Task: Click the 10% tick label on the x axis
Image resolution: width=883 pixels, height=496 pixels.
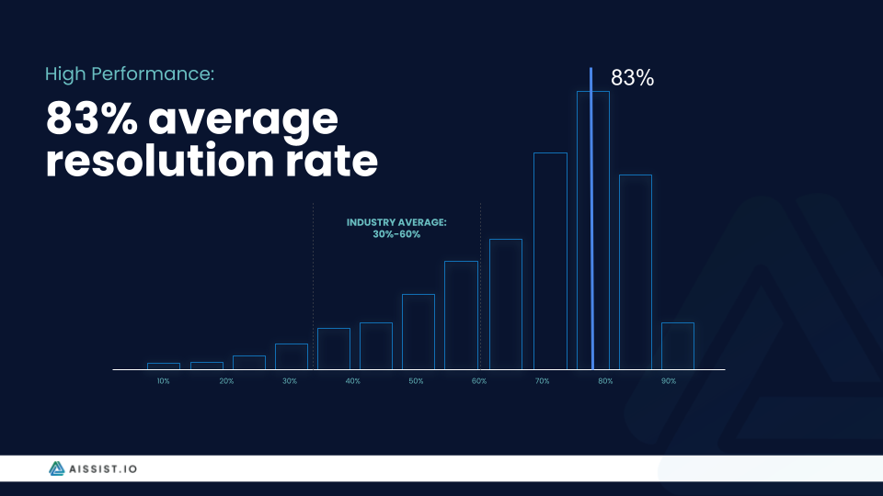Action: tap(163, 380)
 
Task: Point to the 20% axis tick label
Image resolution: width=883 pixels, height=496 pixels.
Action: tap(226, 380)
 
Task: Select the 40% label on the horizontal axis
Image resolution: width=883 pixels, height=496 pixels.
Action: tap(352, 380)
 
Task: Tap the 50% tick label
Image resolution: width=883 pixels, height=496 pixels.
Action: tap(416, 380)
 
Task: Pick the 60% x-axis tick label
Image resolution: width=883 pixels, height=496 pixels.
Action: tap(478, 380)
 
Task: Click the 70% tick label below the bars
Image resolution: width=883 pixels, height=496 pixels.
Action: tap(542, 380)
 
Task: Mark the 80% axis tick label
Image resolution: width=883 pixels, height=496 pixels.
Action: tap(605, 380)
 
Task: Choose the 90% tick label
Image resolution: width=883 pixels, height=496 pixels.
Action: tap(669, 380)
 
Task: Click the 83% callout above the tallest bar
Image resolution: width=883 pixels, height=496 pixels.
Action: tap(632, 79)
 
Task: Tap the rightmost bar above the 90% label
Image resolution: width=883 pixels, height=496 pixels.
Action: tap(677, 345)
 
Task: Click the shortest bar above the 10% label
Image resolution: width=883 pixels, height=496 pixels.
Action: tap(163, 366)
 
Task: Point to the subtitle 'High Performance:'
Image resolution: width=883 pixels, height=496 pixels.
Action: tap(130, 73)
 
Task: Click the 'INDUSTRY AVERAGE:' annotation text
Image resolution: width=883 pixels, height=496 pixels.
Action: tap(396, 222)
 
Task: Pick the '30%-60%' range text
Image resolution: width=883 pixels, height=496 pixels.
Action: tap(396, 234)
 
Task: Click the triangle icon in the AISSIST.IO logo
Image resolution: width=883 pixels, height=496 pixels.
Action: tap(58, 468)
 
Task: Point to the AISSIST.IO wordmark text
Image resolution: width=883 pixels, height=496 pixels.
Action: tap(104, 468)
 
